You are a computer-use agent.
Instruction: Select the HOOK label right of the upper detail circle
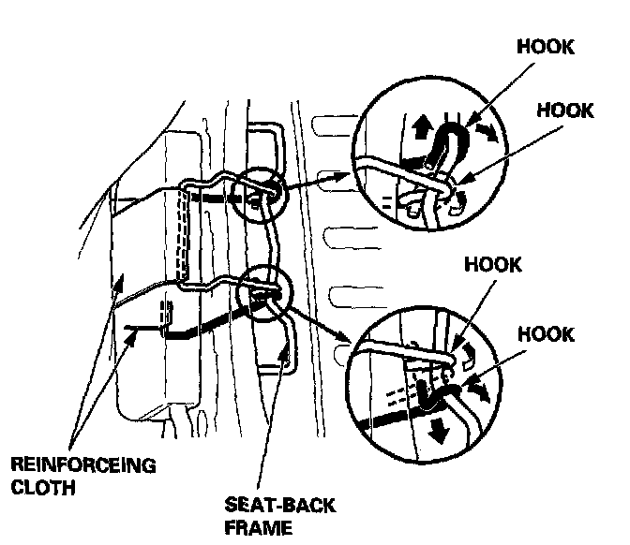pos(565,110)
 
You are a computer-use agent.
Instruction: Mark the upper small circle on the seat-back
pos(258,190)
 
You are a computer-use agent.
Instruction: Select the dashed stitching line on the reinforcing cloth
pos(185,234)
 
